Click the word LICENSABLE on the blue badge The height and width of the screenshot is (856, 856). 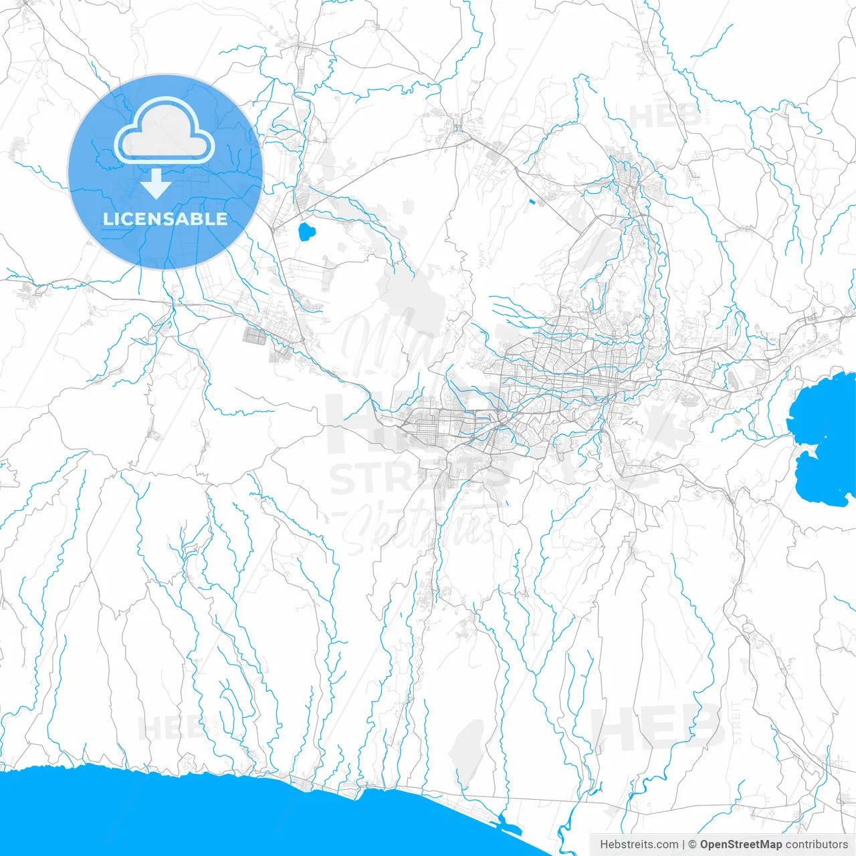[165, 219]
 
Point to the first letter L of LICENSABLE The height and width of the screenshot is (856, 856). [107, 219]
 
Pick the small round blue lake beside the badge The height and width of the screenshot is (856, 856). [306, 233]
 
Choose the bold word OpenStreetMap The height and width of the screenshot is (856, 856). [741, 845]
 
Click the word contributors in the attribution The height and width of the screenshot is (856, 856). [817, 845]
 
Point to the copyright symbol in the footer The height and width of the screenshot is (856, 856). [693, 845]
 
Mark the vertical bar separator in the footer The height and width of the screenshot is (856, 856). [683, 845]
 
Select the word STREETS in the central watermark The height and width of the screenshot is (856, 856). [418, 477]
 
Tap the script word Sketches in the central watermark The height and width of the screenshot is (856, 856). [418, 528]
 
